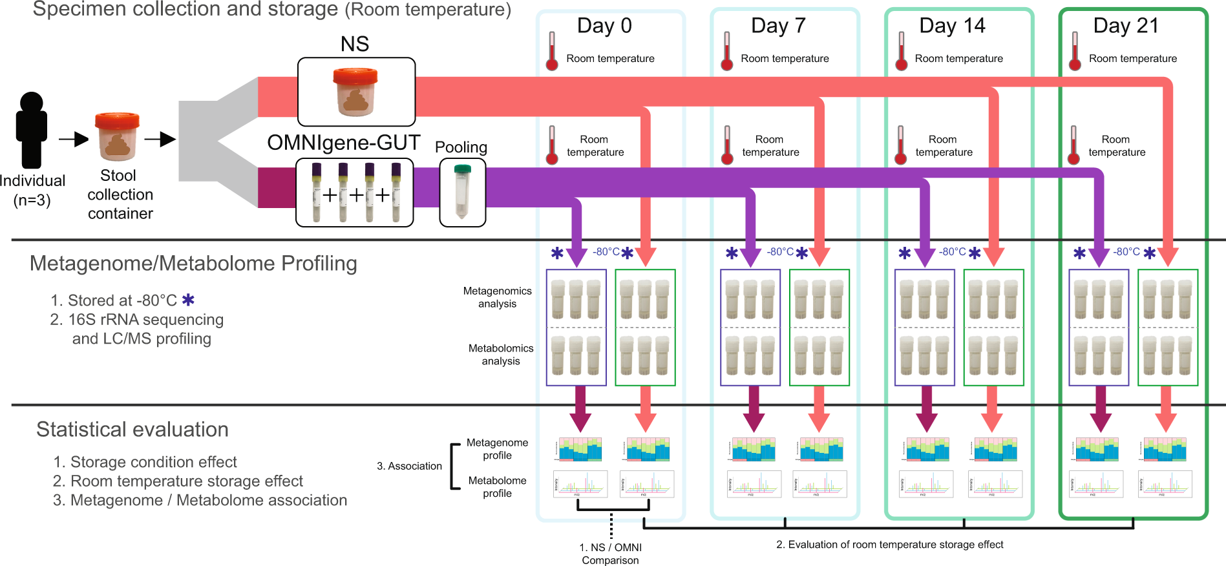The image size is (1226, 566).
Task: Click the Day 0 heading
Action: [x=604, y=26]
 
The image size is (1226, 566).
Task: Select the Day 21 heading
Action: [x=1125, y=26]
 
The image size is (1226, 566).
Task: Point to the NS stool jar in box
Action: [x=355, y=92]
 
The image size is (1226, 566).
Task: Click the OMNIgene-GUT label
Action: [x=343, y=142]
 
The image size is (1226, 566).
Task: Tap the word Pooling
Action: [x=461, y=147]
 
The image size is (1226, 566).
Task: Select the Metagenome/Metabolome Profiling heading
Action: [x=193, y=264]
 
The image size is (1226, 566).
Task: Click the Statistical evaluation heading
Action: [x=132, y=430]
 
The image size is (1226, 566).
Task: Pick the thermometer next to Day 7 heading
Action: [x=727, y=52]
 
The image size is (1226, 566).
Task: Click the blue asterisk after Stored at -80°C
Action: [x=188, y=300]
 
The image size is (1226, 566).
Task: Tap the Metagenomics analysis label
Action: [x=497, y=297]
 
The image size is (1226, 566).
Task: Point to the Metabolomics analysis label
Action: [x=501, y=354]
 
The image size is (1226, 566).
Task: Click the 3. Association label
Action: [x=409, y=466]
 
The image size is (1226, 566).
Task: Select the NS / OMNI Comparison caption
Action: [x=610, y=554]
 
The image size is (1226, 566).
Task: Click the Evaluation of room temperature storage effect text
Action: [x=889, y=545]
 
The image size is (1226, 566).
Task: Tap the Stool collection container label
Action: [x=120, y=194]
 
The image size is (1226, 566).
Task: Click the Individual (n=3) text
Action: [x=32, y=190]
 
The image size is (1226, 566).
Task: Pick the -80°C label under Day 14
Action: [x=952, y=252]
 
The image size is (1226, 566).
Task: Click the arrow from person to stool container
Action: [x=73, y=139]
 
